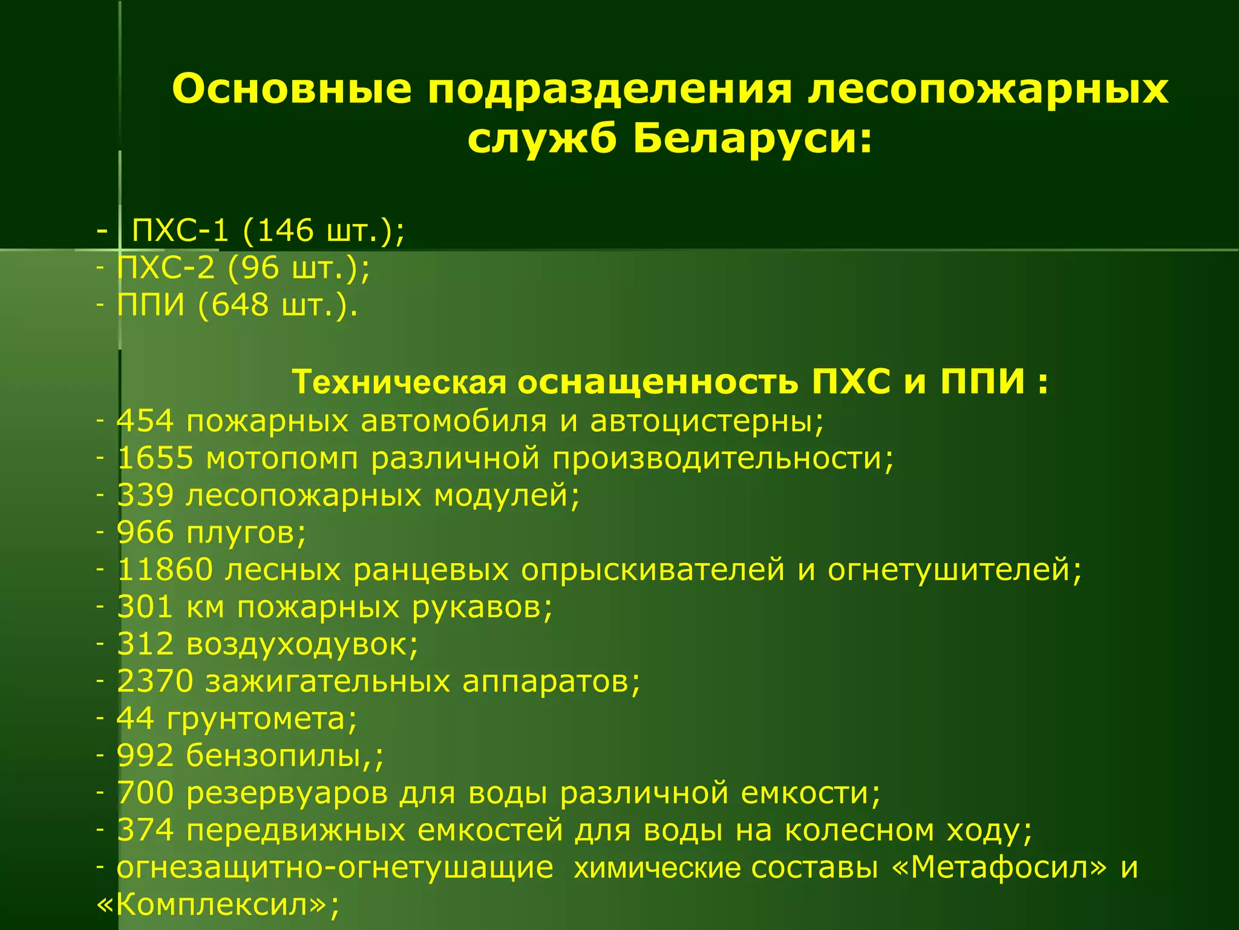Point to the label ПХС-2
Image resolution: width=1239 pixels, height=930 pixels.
coord(165,268)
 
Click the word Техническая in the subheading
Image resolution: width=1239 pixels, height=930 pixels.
coord(399,383)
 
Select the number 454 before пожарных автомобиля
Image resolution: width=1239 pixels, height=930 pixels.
coord(145,421)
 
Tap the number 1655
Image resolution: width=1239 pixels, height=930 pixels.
coord(155,458)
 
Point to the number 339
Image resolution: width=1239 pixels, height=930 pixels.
coord(145,495)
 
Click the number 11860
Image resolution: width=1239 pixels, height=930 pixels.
coord(165,570)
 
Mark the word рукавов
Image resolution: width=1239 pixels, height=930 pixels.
coord(482,607)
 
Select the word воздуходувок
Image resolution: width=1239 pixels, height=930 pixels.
coord(302,644)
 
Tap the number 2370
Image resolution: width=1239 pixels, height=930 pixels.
coord(155,681)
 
